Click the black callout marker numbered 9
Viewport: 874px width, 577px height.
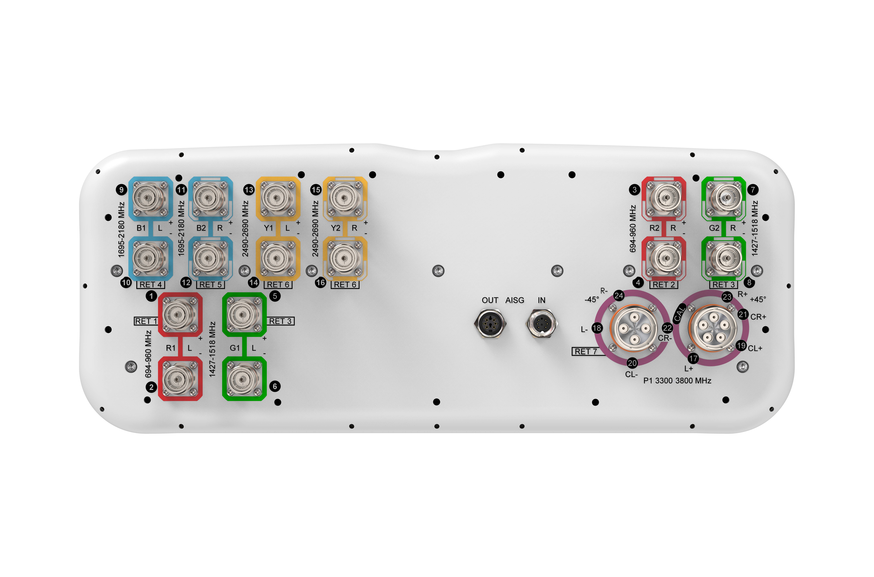(x=122, y=190)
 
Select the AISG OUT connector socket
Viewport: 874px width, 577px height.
(x=490, y=323)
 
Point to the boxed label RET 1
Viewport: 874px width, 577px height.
(x=146, y=321)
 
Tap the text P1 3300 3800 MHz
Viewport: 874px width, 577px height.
(x=677, y=380)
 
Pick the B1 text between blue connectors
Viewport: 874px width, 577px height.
(x=141, y=228)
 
